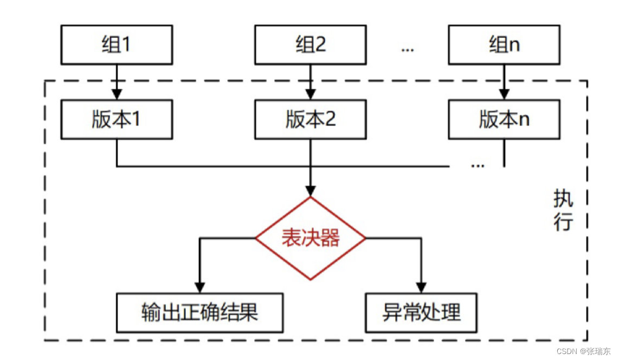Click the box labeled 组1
pos(117,44)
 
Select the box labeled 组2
pos(310,44)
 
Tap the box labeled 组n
pos(504,44)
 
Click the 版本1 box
pos(117,119)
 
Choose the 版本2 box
pos(310,119)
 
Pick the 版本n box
pos(504,119)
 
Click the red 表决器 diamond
pos(310,238)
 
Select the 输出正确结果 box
pos(200,313)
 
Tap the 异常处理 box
pos(421,313)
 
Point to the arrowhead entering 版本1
pos(117,94)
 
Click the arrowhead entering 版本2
pos(310,94)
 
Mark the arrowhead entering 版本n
pos(504,94)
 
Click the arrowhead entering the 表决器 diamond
pos(310,191)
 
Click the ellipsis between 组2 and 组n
pos(408,50)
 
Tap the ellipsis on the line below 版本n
pos(478,166)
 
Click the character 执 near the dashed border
pos(563,198)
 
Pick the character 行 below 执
pos(563,221)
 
